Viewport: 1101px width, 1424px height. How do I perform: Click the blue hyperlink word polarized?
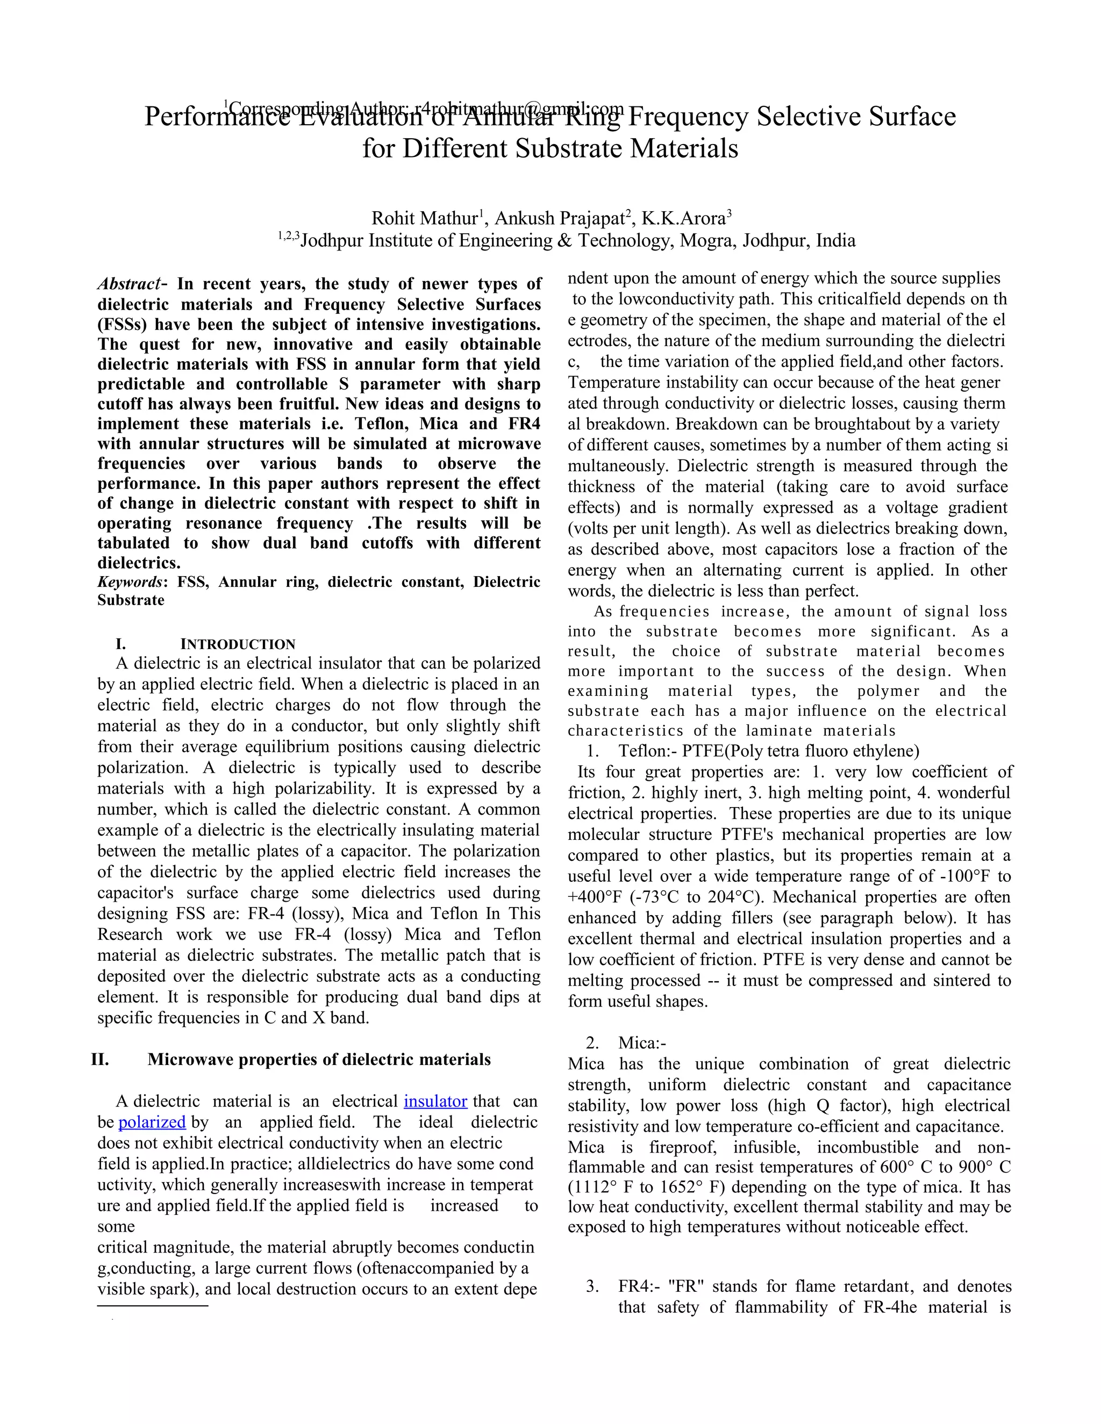point(152,1122)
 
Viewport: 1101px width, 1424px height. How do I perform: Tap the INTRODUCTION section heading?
point(238,644)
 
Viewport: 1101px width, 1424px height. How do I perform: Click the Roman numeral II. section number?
point(100,1059)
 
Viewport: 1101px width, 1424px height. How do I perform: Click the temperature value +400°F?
point(594,897)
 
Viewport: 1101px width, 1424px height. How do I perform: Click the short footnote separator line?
point(153,1306)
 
